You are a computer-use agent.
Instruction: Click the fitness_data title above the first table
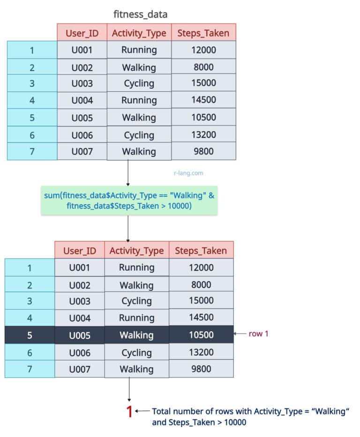[x=140, y=14]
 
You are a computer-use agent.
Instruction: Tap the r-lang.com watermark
[x=188, y=173]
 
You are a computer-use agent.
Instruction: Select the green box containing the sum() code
[x=129, y=200]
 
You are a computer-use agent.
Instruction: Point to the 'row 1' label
[x=258, y=333]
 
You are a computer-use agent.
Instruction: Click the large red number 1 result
[x=129, y=411]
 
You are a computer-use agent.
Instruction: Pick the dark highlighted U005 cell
[x=80, y=335]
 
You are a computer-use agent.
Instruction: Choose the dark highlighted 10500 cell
[x=202, y=334]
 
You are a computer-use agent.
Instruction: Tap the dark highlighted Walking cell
[x=136, y=335]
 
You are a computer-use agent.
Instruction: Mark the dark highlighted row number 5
[x=30, y=335]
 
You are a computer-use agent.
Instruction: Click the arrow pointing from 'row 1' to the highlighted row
[x=240, y=333]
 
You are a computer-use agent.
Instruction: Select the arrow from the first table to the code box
[x=128, y=173]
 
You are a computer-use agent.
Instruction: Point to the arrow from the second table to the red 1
[x=129, y=390]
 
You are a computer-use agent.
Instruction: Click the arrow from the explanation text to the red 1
[x=142, y=411]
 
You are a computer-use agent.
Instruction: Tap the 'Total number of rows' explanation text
[x=250, y=417]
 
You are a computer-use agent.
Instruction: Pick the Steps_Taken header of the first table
[x=203, y=33]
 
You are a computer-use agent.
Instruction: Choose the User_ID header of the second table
[x=80, y=250]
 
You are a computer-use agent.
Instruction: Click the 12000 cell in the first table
[x=203, y=50]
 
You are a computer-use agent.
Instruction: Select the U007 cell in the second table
[x=80, y=369]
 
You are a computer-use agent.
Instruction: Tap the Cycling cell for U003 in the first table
[x=139, y=83]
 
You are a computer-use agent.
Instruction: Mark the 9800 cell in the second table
[x=202, y=369]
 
